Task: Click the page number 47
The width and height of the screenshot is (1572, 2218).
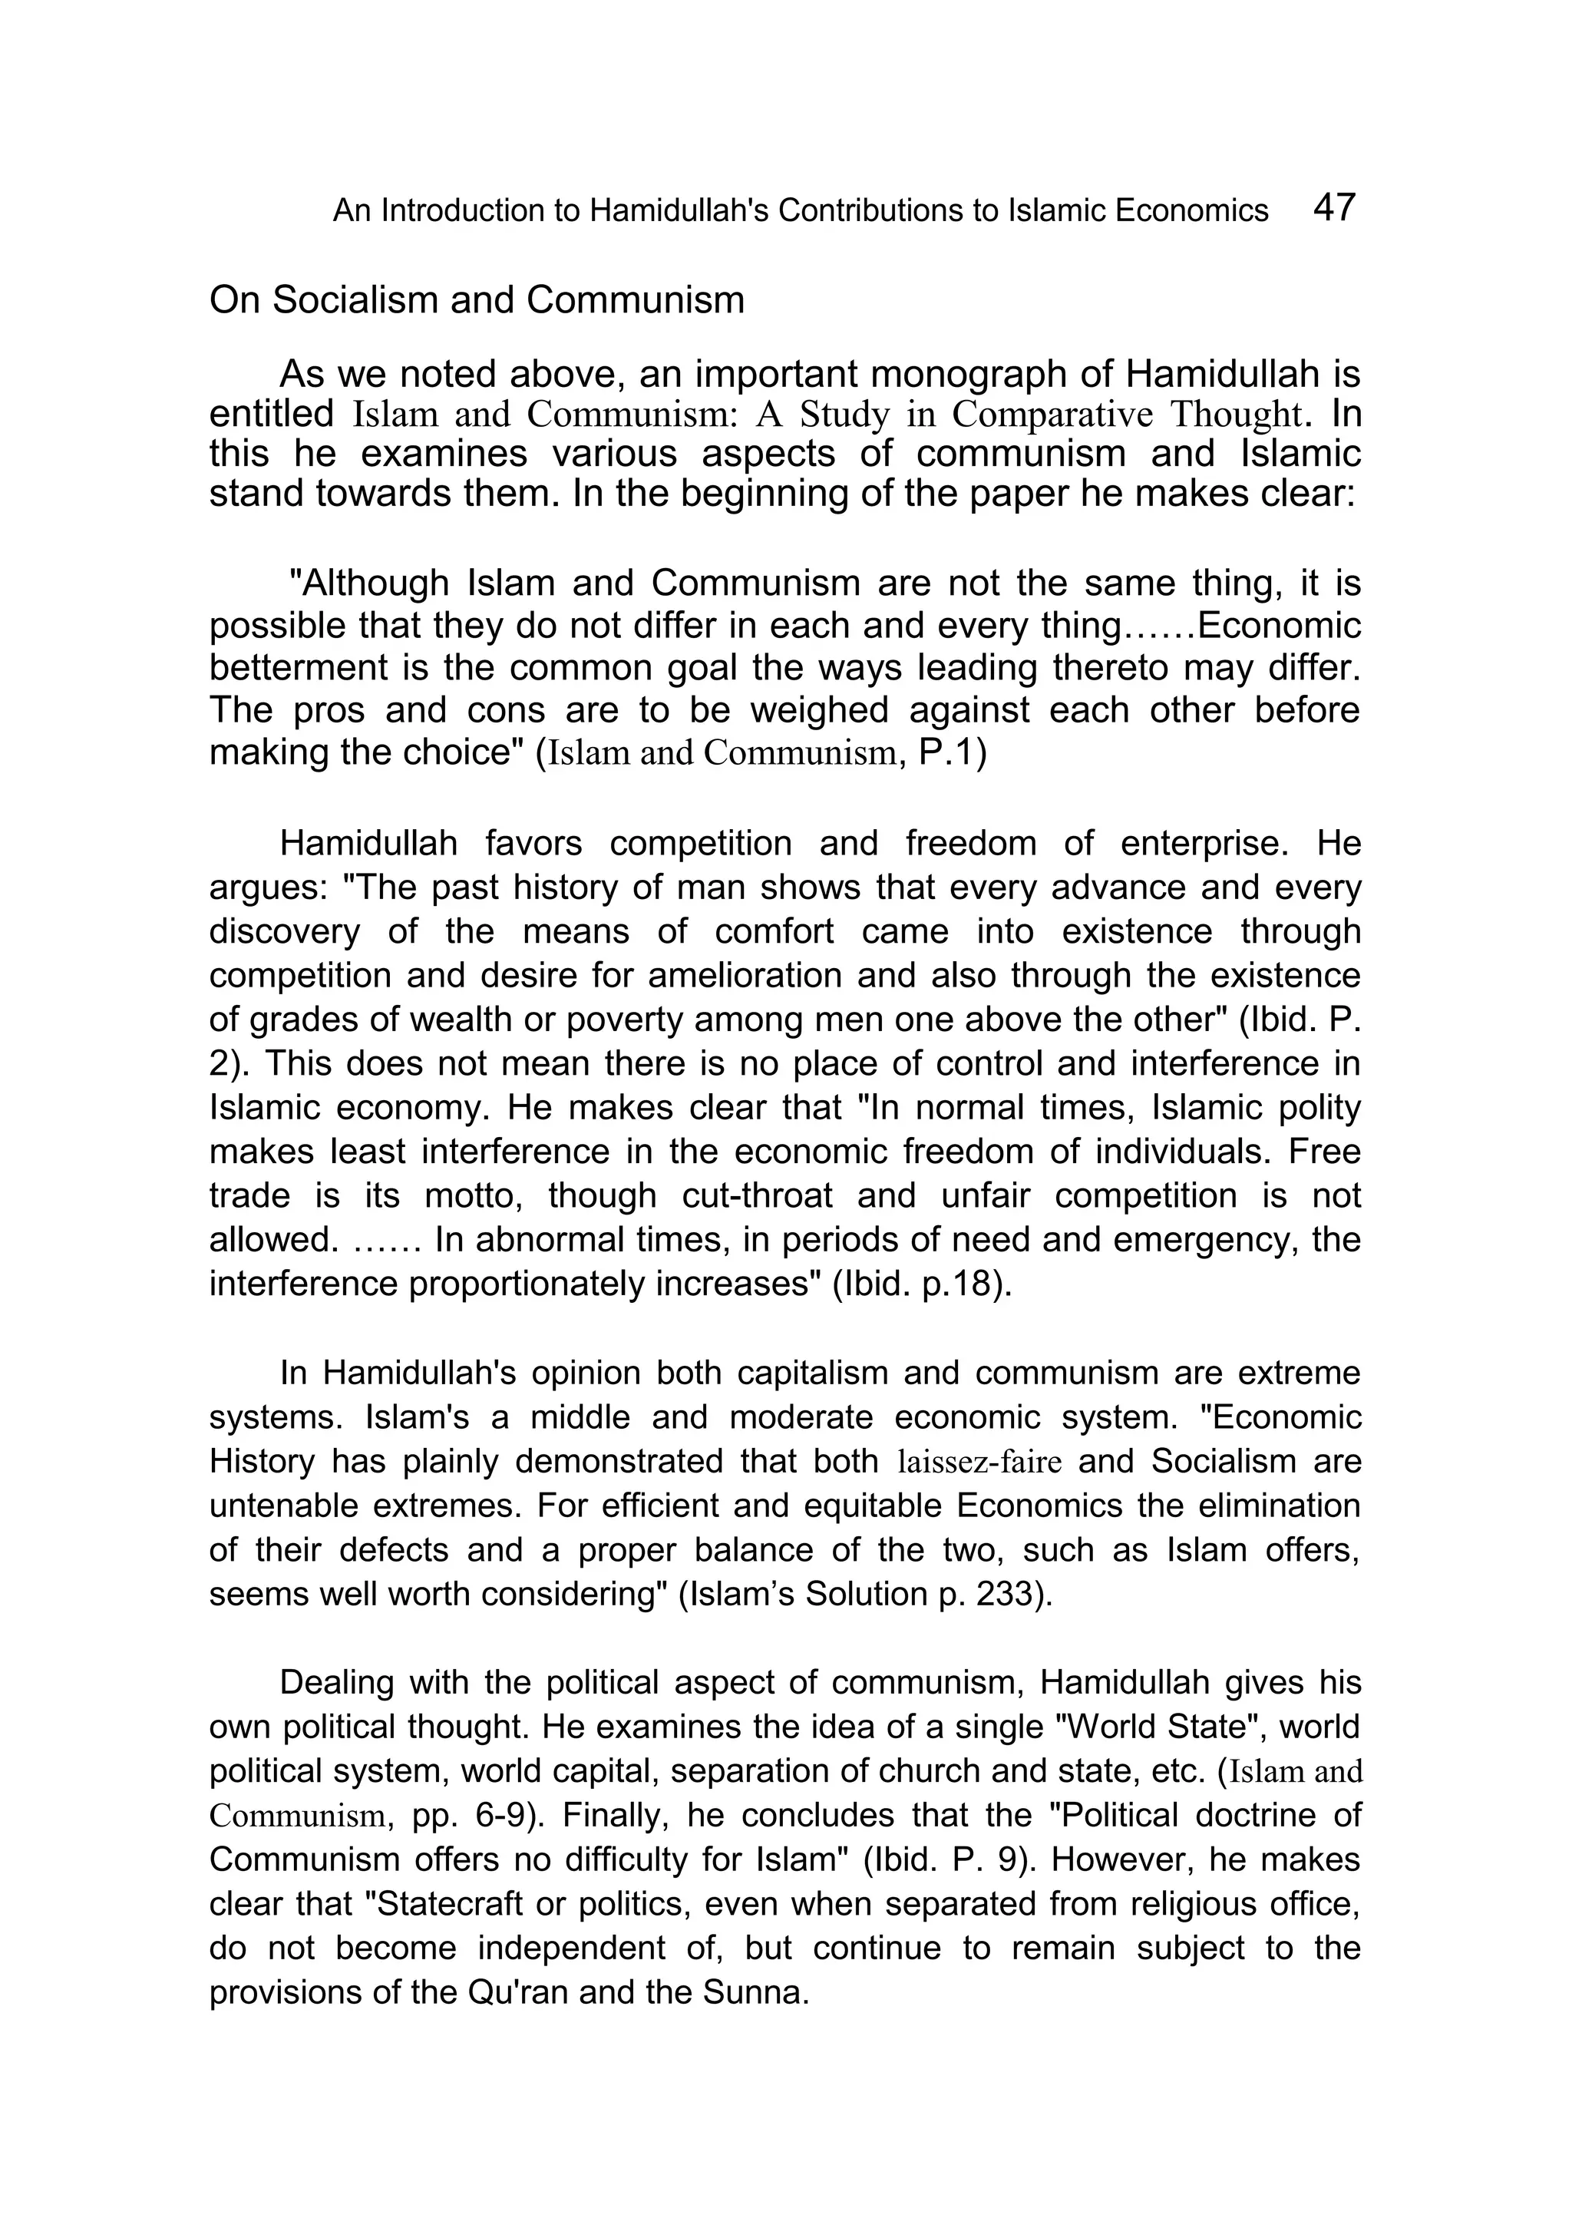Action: (1335, 207)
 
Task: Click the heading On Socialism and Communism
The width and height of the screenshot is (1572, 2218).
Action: (476, 300)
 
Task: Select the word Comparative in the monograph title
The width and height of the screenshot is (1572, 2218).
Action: (1052, 415)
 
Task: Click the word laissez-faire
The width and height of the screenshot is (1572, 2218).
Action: (979, 1462)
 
